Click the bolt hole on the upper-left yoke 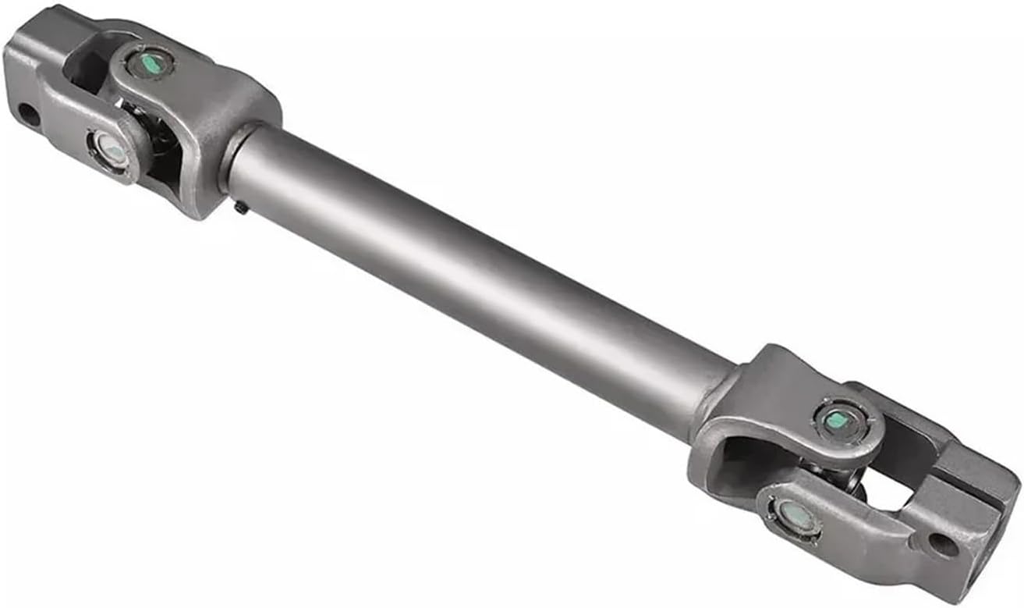27,115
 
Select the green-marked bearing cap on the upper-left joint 151,62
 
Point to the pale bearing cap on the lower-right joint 793,514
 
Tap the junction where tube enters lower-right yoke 721,394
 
